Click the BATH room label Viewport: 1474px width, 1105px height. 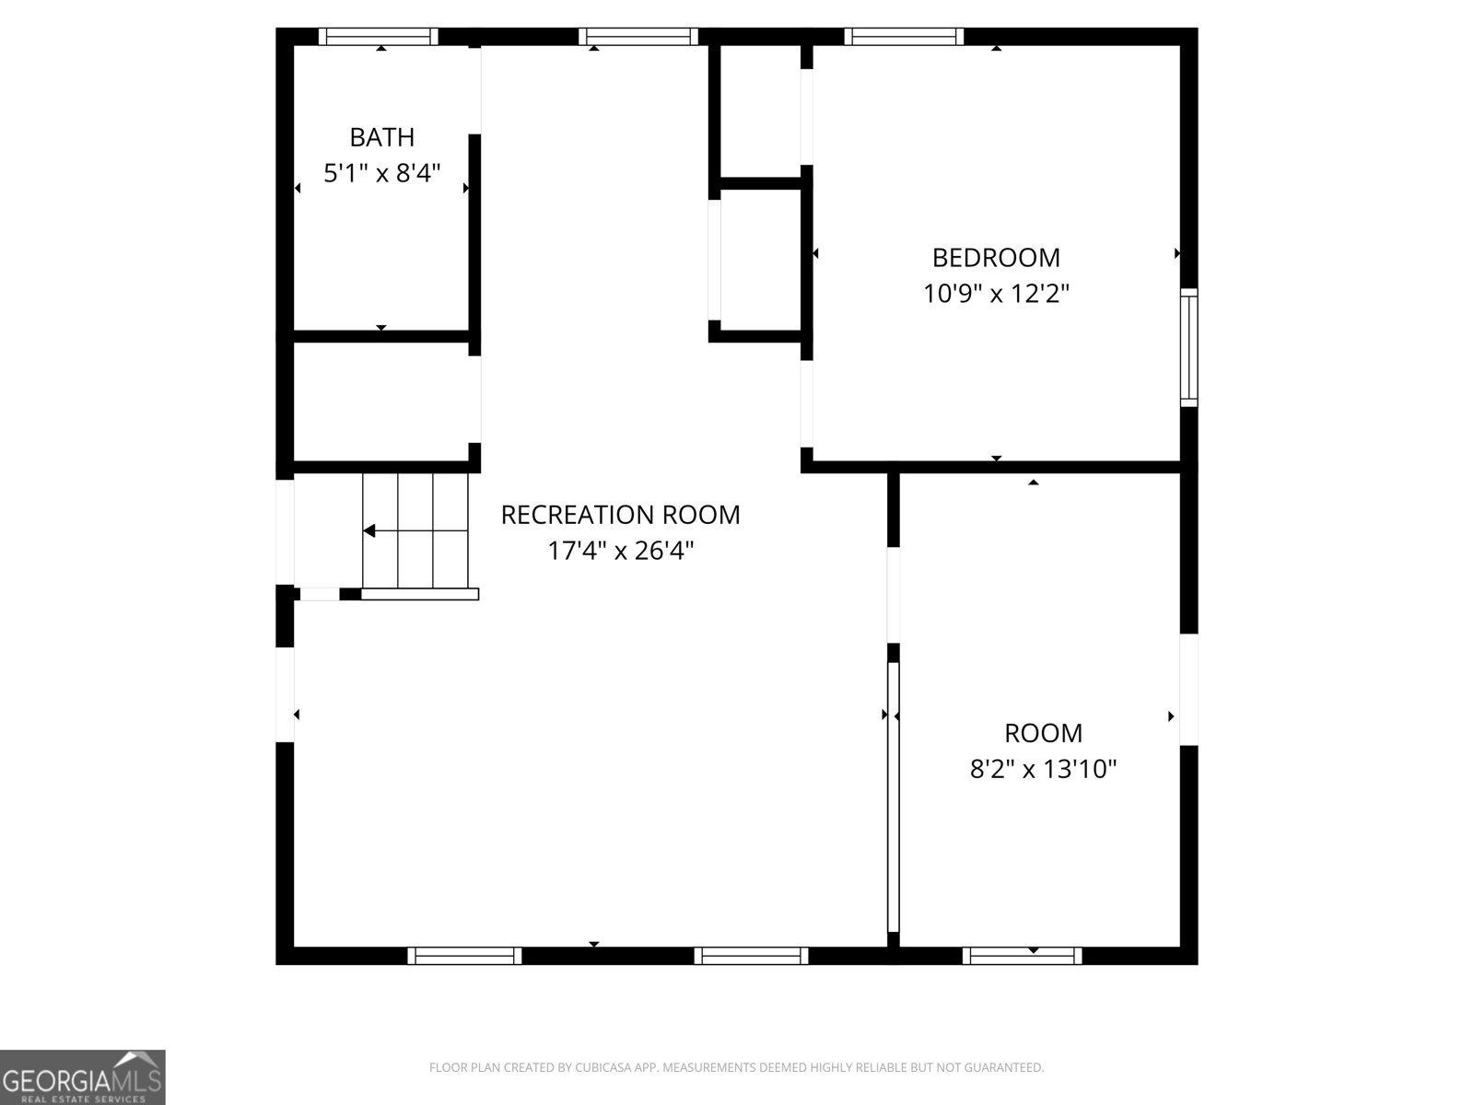pyautogui.click(x=381, y=137)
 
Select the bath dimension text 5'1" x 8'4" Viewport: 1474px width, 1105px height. pyautogui.click(x=381, y=173)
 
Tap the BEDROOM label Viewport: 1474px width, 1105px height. pyautogui.click(x=996, y=258)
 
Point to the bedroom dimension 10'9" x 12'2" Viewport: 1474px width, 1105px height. pyautogui.click(x=996, y=293)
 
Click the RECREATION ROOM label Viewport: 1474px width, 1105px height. pyautogui.click(x=621, y=516)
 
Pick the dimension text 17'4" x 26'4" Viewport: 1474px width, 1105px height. pyautogui.click(x=621, y=551)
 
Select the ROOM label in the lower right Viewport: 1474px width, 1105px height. pyautogui.click(x=1044, y=733)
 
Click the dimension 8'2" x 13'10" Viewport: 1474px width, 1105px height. pyautogui.click(x=1044, y=769)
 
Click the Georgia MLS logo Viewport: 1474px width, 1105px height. pyautogui.click(x=83, y=1076)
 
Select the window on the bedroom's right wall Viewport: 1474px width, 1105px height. pyautogui.click(x=1188, y=347)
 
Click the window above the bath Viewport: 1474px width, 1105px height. pyautogui.click(x=378, y=36)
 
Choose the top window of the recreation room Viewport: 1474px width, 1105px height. pyautogui.click(x=638, y=36)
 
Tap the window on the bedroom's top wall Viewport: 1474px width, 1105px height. pyautogui.click(x=904, y=36)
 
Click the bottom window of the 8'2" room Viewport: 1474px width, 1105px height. pyautogui.click(x=1022, y=956)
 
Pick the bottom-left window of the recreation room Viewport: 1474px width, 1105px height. pyautogui.click(x=464, y=956)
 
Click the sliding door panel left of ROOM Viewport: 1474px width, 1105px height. pyautogui.click(x=893, y=797)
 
